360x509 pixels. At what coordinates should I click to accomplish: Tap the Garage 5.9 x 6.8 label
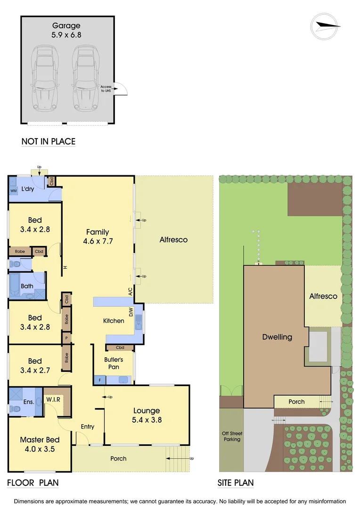tap(66, 30)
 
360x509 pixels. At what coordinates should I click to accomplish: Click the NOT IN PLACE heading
tap(48, 141)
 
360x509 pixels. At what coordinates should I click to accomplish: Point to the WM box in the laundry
tap(13, 190)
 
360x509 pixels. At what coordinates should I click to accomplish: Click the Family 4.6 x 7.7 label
tap(98, 236)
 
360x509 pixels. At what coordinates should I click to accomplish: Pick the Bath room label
tap(27, 286)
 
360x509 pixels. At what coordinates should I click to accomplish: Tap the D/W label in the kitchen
tap(131, 312)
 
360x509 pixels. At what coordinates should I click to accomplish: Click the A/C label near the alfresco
tap(131, 292)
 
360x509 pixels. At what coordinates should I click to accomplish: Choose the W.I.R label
tap(53, 400)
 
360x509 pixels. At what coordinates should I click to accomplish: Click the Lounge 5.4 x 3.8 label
tap(147, 415)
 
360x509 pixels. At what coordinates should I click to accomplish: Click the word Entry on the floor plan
tap(87, 427)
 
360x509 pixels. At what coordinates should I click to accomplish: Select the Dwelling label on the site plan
tap(277, 337)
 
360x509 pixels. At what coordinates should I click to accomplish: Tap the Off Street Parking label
tap(232, 436)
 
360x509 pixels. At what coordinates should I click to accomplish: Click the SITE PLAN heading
tap(235, 483)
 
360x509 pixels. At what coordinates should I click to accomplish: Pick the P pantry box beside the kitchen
tap(66, 338)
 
